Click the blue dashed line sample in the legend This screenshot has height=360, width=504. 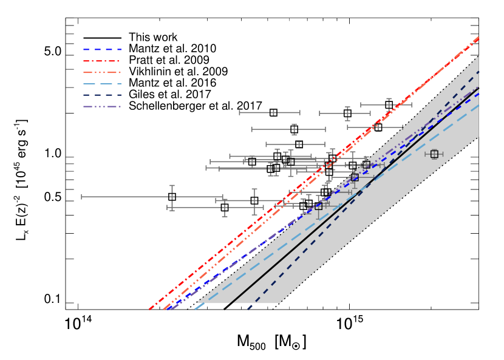[x=102, y=49]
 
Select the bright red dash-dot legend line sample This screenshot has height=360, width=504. [x=102, y=61]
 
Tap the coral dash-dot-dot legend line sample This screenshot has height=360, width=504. [x=102, y=72]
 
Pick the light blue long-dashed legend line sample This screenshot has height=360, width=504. [x=102, y=84]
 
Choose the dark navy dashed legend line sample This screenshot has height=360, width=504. [x=102, y=95]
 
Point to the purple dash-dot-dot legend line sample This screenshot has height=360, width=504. [x=102, y=106]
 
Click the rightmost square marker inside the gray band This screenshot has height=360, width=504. [x=434, y=154]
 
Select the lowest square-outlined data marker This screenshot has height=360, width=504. [x=318, y=206]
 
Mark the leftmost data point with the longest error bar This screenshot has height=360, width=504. [x=172, y=197]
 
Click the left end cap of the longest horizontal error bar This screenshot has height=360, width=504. [x=81, y=197]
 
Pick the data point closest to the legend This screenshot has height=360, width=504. [x=273, y=112]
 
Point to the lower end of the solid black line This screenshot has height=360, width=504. [x=231, y=304]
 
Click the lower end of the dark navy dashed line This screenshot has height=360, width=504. [x=248, y=309]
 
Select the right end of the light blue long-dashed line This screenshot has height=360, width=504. [x=479, y=105]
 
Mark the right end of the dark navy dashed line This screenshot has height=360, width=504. [x=479, y=72]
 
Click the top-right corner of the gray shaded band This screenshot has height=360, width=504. [x=478, y=56]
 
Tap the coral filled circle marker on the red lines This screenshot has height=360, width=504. [x=329, y=165]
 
